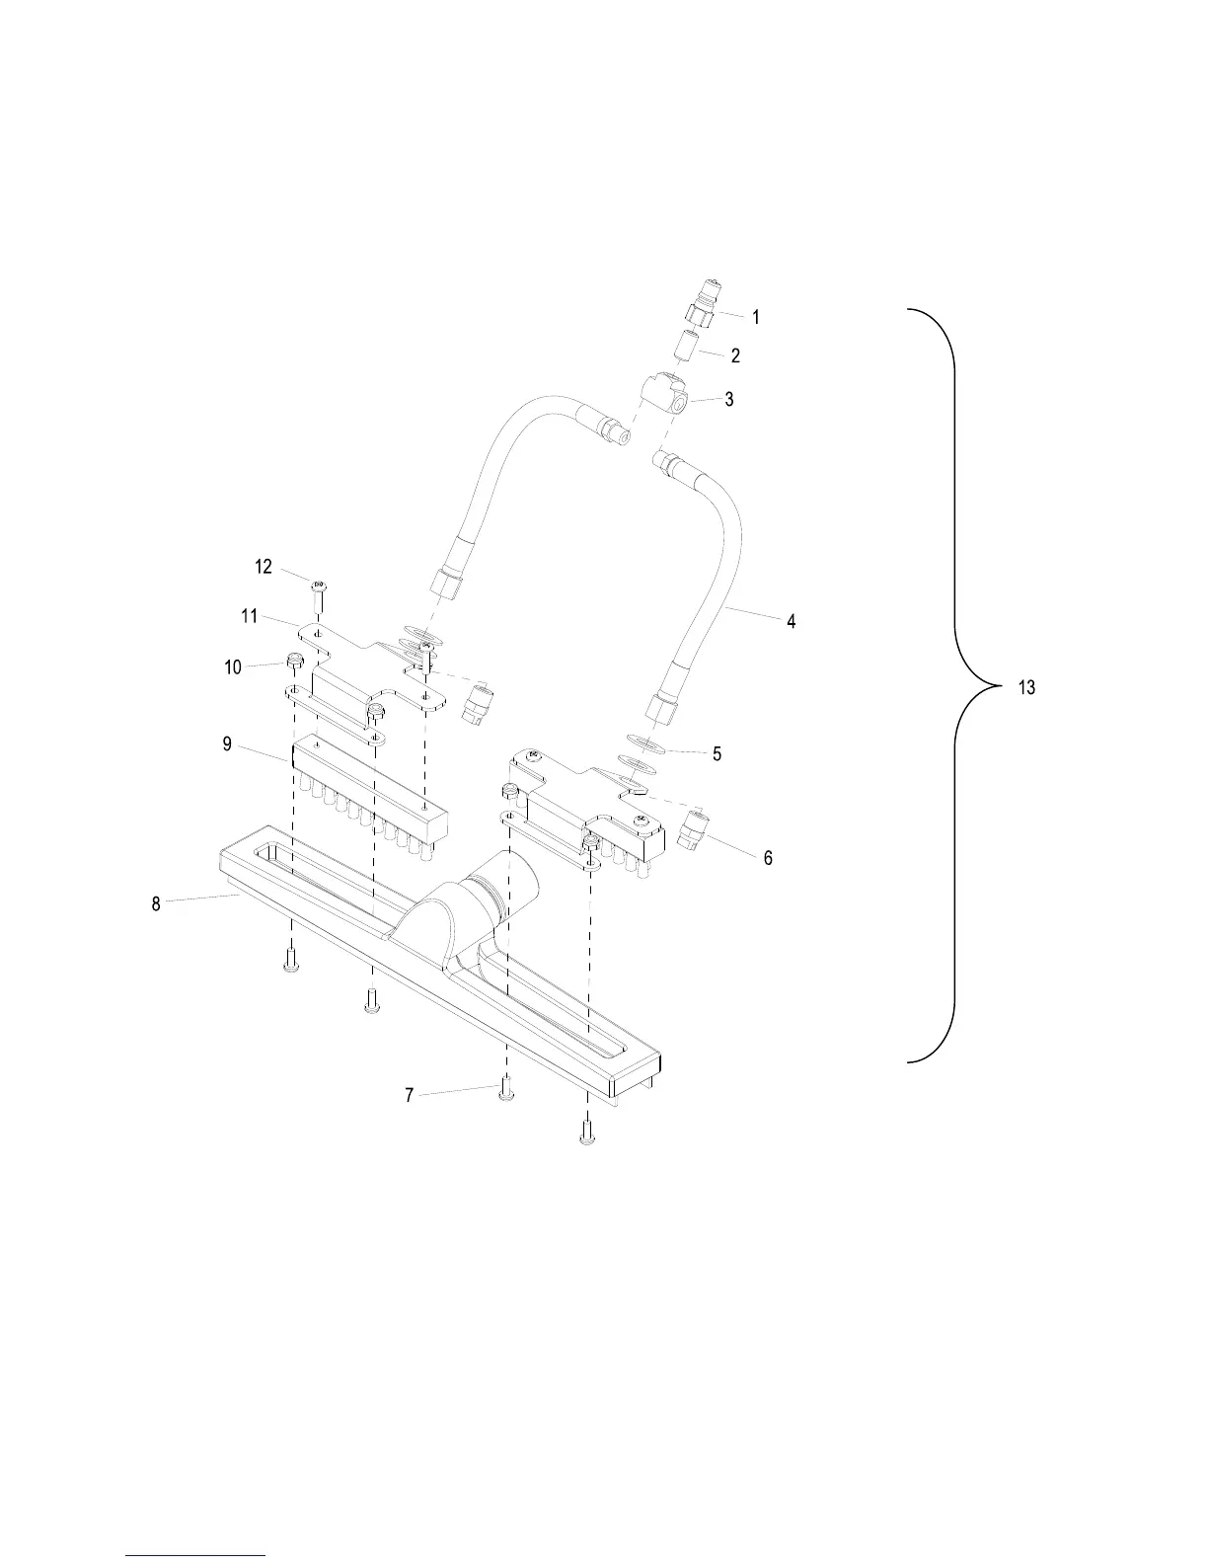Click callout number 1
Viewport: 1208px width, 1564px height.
pyautogui.click(x=756, y=318)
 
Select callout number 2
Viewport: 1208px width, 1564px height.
pyautogui.click(x=735, y=355)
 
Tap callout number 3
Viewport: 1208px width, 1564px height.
pyautogui.click(x=729, y=400)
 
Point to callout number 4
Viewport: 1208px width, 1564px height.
pyautogui.click(x=791, y=622)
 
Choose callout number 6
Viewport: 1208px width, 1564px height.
pyautogui.click(x=768, y=858)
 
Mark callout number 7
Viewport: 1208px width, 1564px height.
pyautogui.click(x=410, y=1095)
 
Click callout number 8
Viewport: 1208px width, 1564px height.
pyautogui.click(x=156, y=903)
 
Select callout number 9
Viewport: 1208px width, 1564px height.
pyautogui.click(x=227, y=743)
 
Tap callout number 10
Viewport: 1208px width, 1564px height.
pyautogui.click(x=233, y=667)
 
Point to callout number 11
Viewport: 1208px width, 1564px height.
pyautogui.click(x=250, y=616)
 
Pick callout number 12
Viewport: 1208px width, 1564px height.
pyautogui.click(x=264, y=567)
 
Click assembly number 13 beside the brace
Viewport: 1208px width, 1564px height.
pyautogui.click(x=1026, y=687)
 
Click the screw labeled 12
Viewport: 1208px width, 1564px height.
pyautogui.click(x=319, y=595)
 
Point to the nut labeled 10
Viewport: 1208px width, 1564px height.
pyautogui.click(x=294, y=661)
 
